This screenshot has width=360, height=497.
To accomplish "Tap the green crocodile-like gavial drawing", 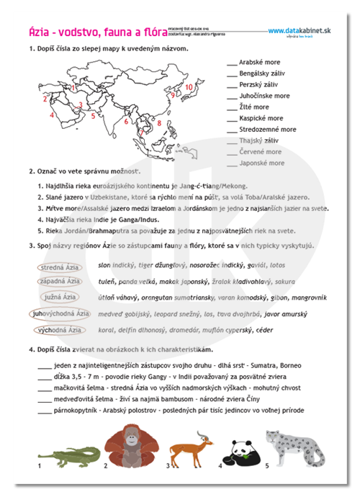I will pyautogui.click(x=68, y=455).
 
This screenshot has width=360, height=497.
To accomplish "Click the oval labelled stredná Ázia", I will pyautogui.click(x=62, y=267).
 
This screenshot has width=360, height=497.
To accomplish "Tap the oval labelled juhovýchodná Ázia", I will pyautogui.click(x=60, y=313).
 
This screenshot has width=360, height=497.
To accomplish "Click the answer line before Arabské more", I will pyautogui.click(x=230, y=63).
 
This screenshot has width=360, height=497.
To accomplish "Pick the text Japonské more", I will pyautogui.click(x=260, y=164).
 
